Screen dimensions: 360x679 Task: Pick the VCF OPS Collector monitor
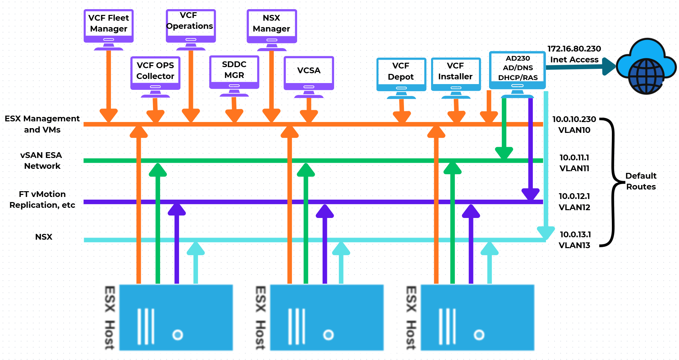point(155,73)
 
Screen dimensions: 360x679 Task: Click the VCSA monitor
point(309,73)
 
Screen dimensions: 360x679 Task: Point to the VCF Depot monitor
point(401,75)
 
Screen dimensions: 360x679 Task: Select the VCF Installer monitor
point(456,74)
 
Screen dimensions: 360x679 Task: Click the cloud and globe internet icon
point(646,66)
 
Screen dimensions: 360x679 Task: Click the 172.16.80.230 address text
point(574,49)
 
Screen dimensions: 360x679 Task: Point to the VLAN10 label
point(574,130)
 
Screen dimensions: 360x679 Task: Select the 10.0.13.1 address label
point(575,234)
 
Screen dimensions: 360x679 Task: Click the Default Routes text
point(641,181)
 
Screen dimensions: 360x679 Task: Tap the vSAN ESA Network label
point(42,160)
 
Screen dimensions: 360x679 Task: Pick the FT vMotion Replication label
point(42,199)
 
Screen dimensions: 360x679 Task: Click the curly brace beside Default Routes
point(613,182)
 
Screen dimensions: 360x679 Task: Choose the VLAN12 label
point(574,207)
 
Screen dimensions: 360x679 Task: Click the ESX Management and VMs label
point(42,124)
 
